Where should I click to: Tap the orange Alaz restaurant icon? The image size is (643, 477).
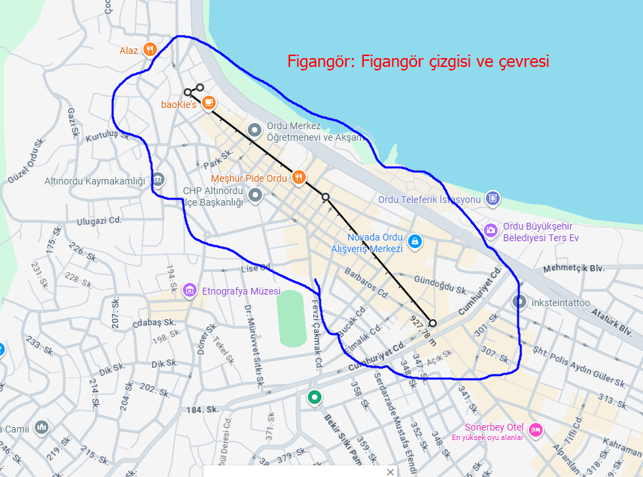tap(150, 50)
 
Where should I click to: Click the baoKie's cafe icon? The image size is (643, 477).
tap(208, 103)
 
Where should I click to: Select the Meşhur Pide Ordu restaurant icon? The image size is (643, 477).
tap(298, 178)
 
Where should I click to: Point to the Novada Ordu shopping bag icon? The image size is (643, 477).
tap(414, 241)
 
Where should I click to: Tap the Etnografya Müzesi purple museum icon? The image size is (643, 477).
tap(190, 291)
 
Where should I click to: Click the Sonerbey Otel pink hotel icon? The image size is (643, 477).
tap(536, 430)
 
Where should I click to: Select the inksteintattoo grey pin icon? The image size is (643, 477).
tap(519, 301)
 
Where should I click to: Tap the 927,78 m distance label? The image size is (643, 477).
tap(422, 331)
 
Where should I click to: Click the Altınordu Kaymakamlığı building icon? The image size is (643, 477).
tap(158, 180)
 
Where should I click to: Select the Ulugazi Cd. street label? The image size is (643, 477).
tap(99, 221)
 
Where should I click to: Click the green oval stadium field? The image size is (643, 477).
tap(292, 318)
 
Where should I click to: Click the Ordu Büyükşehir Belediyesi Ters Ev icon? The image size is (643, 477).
tap(491, 230)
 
